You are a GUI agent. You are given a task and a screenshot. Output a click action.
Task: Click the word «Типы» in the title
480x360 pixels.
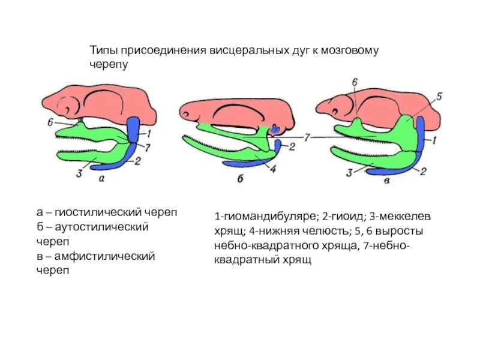(103, 51)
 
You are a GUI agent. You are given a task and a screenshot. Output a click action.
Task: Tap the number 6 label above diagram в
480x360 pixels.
(355, 82)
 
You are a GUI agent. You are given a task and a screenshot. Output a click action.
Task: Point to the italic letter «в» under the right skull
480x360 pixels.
(395, 179)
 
